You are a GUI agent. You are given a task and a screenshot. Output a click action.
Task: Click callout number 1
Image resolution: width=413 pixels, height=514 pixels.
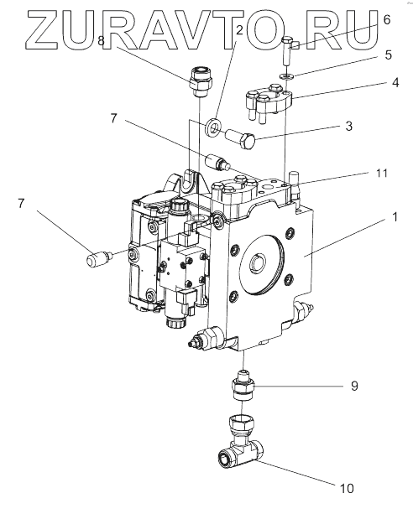[x=395, y=216]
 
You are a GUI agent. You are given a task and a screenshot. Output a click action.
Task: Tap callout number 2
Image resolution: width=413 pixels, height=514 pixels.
[x=239, y=30]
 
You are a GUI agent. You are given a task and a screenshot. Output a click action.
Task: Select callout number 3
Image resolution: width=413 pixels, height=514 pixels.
[x=348, y=126]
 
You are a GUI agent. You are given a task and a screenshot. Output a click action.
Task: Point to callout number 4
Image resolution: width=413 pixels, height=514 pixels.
[x=395, y=82]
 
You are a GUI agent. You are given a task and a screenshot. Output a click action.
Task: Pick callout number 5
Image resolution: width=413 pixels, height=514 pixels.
[x=389, y=55]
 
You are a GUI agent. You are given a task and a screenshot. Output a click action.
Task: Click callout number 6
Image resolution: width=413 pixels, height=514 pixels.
[x=387, y=19]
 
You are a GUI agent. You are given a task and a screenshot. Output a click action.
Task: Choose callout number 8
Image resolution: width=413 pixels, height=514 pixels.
[x=101, y=41]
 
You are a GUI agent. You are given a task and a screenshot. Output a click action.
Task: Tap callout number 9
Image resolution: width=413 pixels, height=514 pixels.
[x=354, y=386]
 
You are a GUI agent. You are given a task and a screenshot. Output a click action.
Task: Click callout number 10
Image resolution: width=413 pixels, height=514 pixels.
[x=347, y=489]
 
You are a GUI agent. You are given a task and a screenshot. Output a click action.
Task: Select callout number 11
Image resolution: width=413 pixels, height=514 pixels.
[x=382, y=173]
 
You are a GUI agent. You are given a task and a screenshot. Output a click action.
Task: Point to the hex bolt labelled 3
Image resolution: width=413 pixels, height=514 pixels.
[x=240, y=139]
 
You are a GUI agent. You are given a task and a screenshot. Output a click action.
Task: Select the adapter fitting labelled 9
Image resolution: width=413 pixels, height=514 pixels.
[x=243, y=386]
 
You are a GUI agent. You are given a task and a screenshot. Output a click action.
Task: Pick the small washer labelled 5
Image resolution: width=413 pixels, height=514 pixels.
[x=286, y=76]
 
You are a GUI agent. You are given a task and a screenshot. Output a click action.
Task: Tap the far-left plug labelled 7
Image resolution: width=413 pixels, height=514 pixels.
[x=99, y=257]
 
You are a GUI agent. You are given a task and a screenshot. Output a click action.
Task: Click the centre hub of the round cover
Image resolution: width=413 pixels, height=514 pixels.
[x=258, y=262]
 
